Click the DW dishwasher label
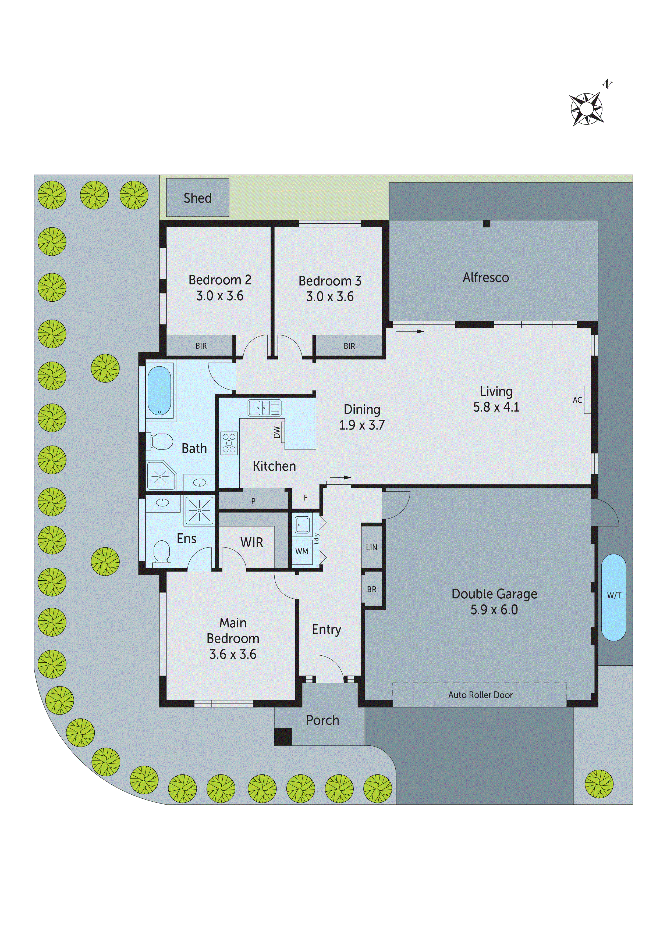coord(276,432)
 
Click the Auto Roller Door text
coord(480,695)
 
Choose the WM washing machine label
coord(302,552)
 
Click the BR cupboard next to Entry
coord(371,589)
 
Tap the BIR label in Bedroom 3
coord(349,346)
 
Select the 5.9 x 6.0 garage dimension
coord(494,610)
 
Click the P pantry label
coord(253,501)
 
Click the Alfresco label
coord(486,278)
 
